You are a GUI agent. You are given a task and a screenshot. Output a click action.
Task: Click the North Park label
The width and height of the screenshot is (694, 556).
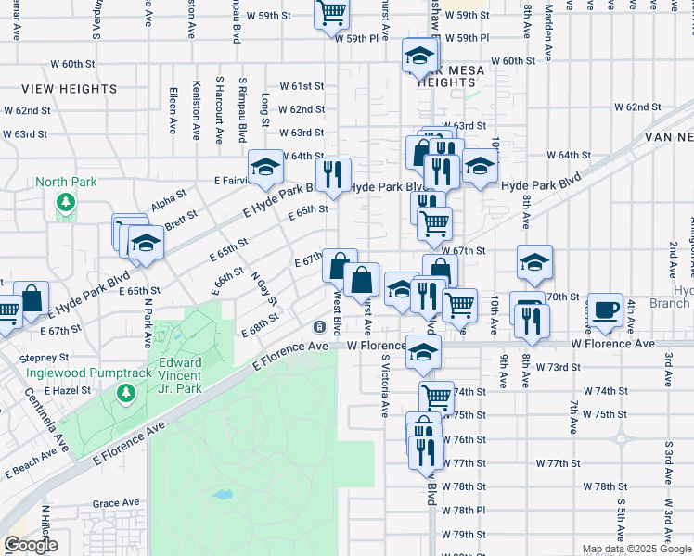(65, 182)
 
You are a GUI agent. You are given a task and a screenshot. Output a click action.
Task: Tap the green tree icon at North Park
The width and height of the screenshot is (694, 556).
(65, 202)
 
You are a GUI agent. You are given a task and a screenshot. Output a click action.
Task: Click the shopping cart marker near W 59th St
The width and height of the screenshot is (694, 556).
(331, 12)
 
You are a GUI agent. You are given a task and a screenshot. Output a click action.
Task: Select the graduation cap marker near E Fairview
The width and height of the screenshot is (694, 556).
(265, 167)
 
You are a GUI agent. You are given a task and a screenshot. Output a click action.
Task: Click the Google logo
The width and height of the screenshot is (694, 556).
(31, 545)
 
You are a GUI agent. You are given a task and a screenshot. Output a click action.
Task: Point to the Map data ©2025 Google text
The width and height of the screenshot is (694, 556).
(636, 549)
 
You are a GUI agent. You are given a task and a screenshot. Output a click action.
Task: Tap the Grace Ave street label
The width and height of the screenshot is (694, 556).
(116, 503)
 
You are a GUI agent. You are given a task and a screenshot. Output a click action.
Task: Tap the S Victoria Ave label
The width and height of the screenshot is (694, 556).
(382, 385)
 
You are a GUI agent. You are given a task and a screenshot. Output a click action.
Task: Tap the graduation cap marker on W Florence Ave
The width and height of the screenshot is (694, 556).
(423, 352)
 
